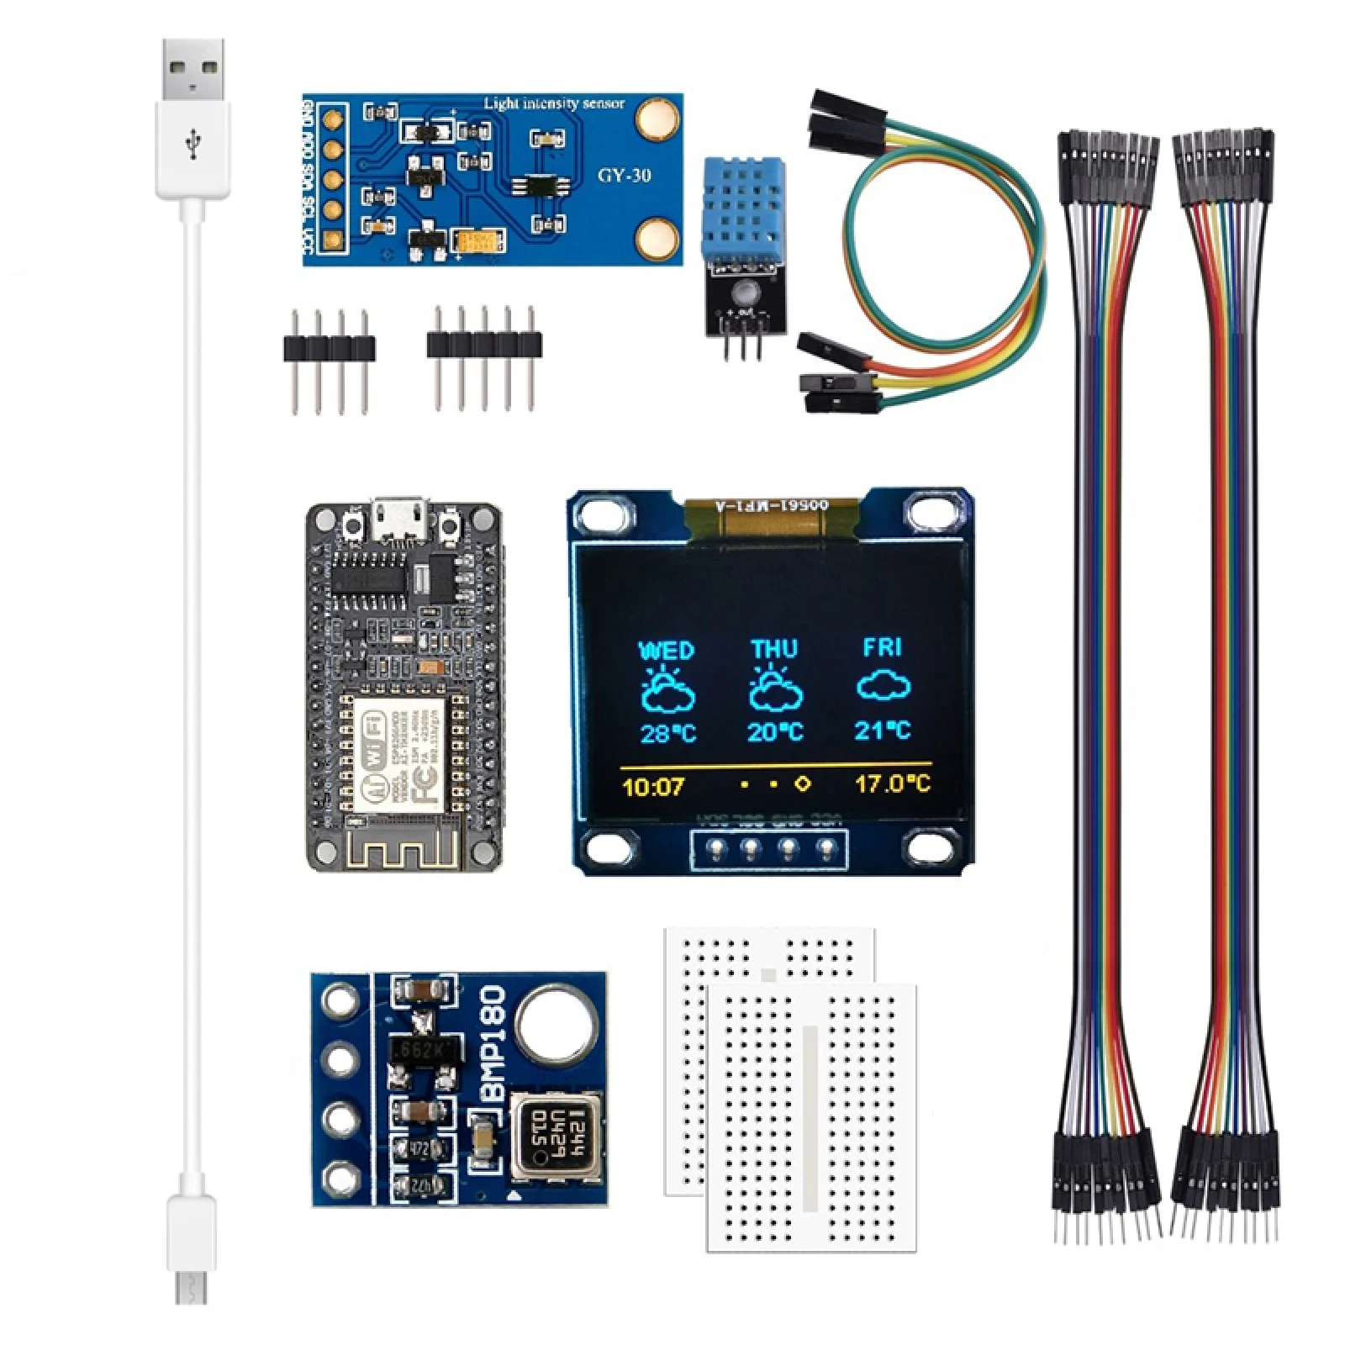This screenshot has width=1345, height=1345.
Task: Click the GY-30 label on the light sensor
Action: pyautogui.click(x=624, y=175)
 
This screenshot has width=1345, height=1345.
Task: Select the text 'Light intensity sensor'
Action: pyautogui.click(x=554, y=103)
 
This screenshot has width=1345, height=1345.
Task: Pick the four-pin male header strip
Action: pyautogui.click(x=329, y=347)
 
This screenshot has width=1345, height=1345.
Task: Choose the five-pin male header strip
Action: pyautogui.click(x=484, y=345)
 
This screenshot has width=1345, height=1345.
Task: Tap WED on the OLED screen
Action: pyautogui.click(x=666, y=651)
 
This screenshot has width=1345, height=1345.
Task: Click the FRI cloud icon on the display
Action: pyautogui.click(x=883, y=686)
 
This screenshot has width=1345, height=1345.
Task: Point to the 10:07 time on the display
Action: pyautogui.click(x=653, y=787)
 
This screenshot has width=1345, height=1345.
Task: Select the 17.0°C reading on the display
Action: pyautogui.click(x=893, y=784)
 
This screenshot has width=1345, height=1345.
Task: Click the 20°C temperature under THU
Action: pyautogui.click(x=775, y=731)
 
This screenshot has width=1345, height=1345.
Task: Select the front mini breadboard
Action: pyautogui.click(x=811, y=1118)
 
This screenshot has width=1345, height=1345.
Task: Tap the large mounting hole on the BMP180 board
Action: pyautogui.click(x=555, y=1025)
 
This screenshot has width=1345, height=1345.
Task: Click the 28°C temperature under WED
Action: pyautogui.click(x=667, y=733)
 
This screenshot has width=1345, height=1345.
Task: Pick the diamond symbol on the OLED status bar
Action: pyautogui.click(x=802, y=783)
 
